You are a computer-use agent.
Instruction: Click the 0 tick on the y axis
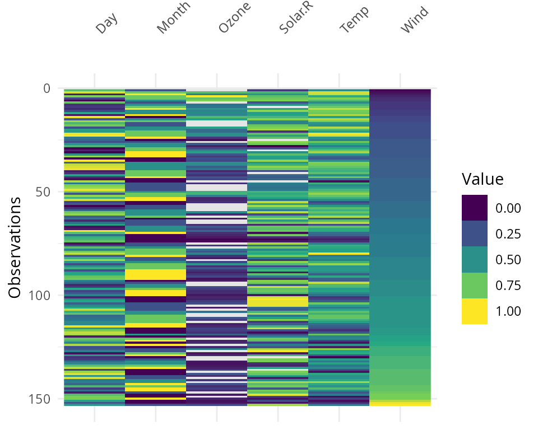pos(46,88)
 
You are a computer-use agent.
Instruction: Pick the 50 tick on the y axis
pos(43,191)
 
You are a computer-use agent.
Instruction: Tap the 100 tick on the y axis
pos(39,295)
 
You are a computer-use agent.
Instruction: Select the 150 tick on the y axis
pos(39,399)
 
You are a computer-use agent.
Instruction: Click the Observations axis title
pos(15,247)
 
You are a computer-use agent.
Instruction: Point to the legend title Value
pos(483,179)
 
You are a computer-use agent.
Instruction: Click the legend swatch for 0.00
pos(475,208)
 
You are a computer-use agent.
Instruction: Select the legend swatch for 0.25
pos(475,233)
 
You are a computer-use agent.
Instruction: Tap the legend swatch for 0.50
pos(475,259)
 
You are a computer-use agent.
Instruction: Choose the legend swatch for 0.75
pos(475,285)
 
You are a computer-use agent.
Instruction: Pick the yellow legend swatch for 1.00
pos(475,311)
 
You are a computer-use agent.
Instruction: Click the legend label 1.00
pos(508,311)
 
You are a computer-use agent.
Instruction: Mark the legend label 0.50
pos(508,260)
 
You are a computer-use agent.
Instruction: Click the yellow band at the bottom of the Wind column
pos(400,403)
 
